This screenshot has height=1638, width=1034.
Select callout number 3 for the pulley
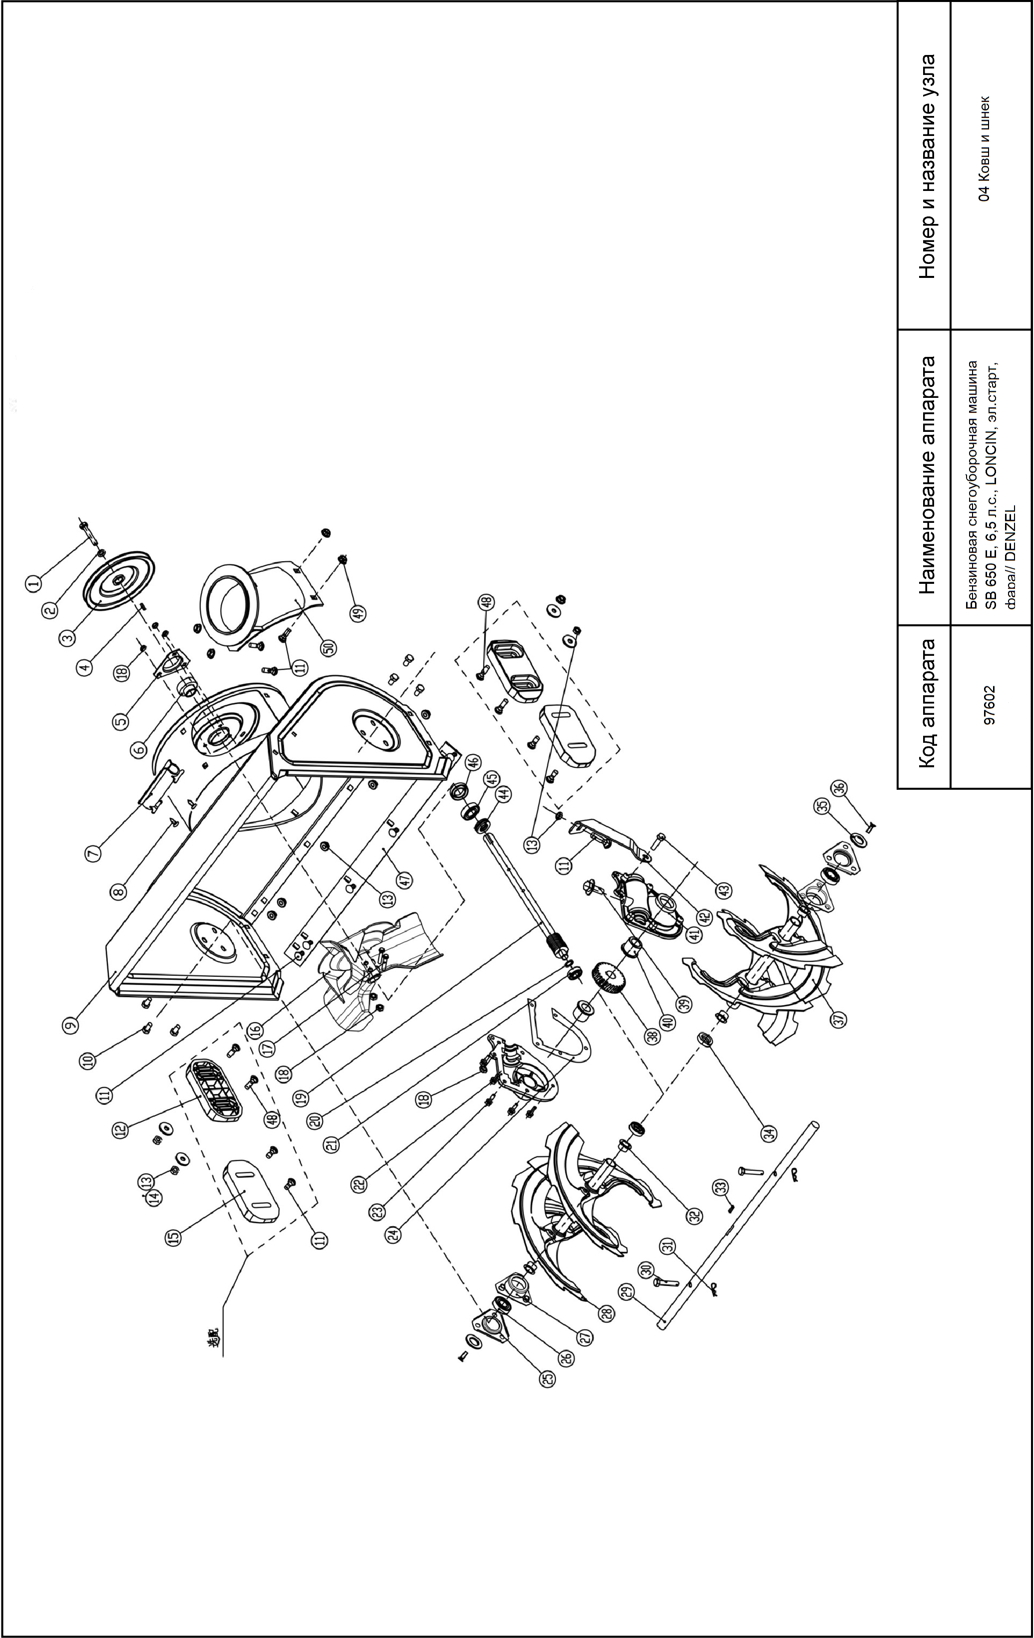(x=66, y=637)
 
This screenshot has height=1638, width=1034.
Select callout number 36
(x=840, y=788)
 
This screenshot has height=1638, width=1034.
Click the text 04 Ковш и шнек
(x=984, y=149)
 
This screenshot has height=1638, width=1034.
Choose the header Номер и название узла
(x=926, y=166)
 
